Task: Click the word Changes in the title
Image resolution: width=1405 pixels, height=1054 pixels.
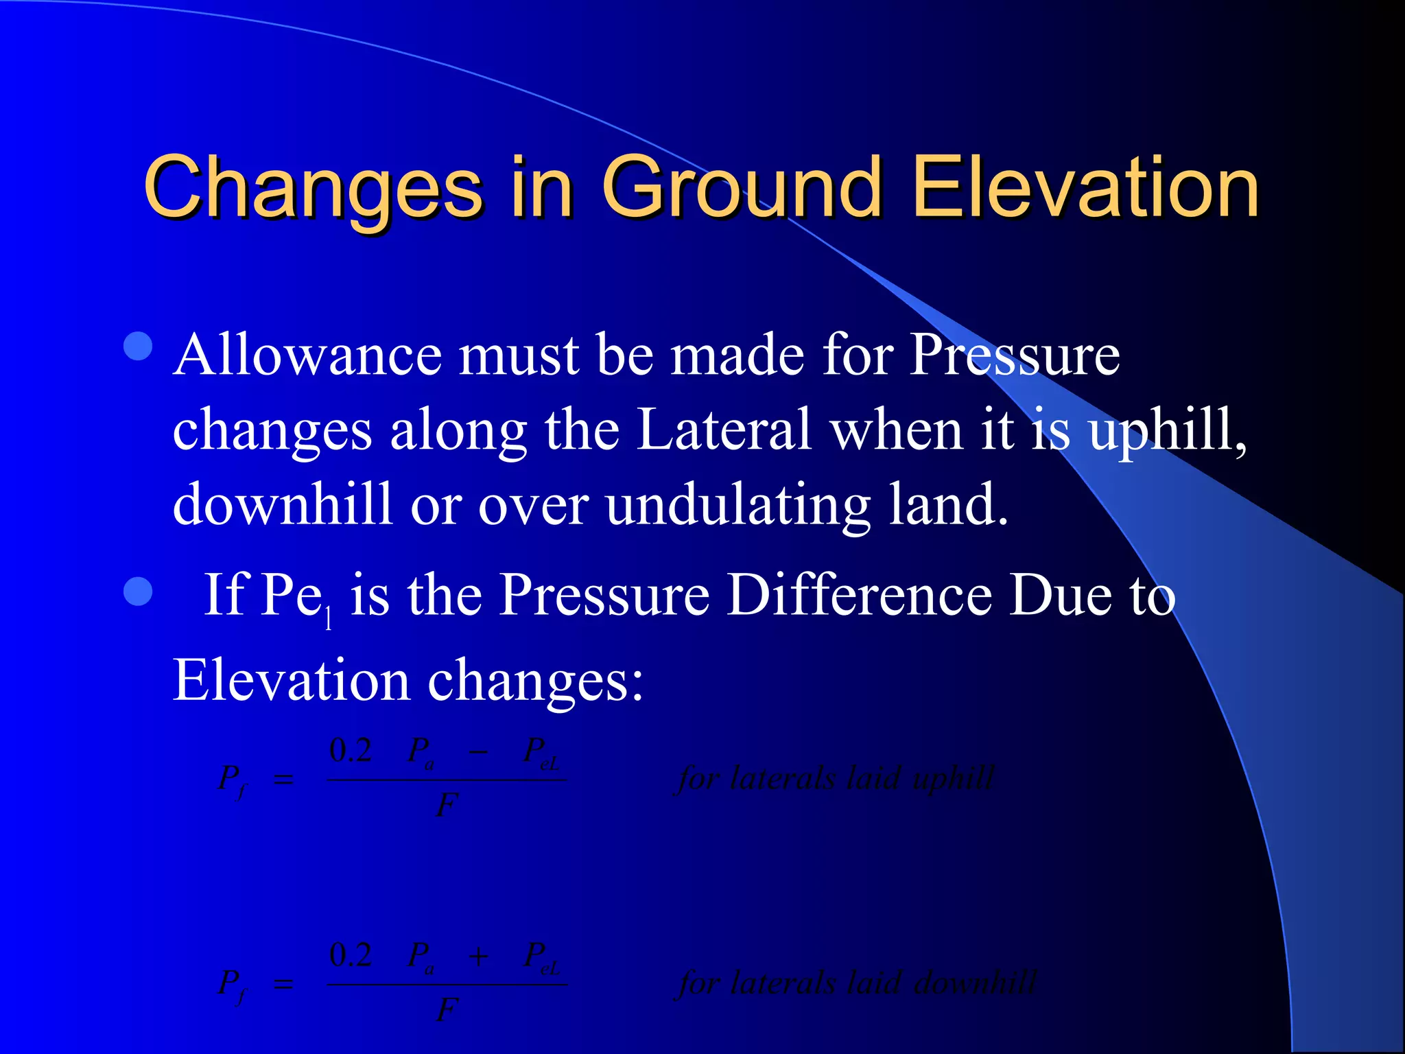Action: click(x=313, y=187)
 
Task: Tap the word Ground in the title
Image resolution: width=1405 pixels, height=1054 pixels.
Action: click(x=742, y=187)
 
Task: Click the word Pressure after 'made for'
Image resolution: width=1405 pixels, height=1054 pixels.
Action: click(x=1015, y=355)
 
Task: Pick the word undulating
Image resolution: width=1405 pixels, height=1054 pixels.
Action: click(x=738, y=505)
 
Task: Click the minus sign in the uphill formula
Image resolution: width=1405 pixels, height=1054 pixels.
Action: click(x=478, y=752)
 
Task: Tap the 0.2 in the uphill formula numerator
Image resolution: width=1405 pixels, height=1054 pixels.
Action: click(x=351, y=750)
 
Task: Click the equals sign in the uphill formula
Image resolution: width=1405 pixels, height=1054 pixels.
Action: click(x=283, y=780)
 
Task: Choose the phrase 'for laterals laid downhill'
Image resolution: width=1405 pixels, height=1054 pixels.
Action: click(x=858, y=983)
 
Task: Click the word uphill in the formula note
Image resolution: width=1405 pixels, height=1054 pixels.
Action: click(x=953, y=779)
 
